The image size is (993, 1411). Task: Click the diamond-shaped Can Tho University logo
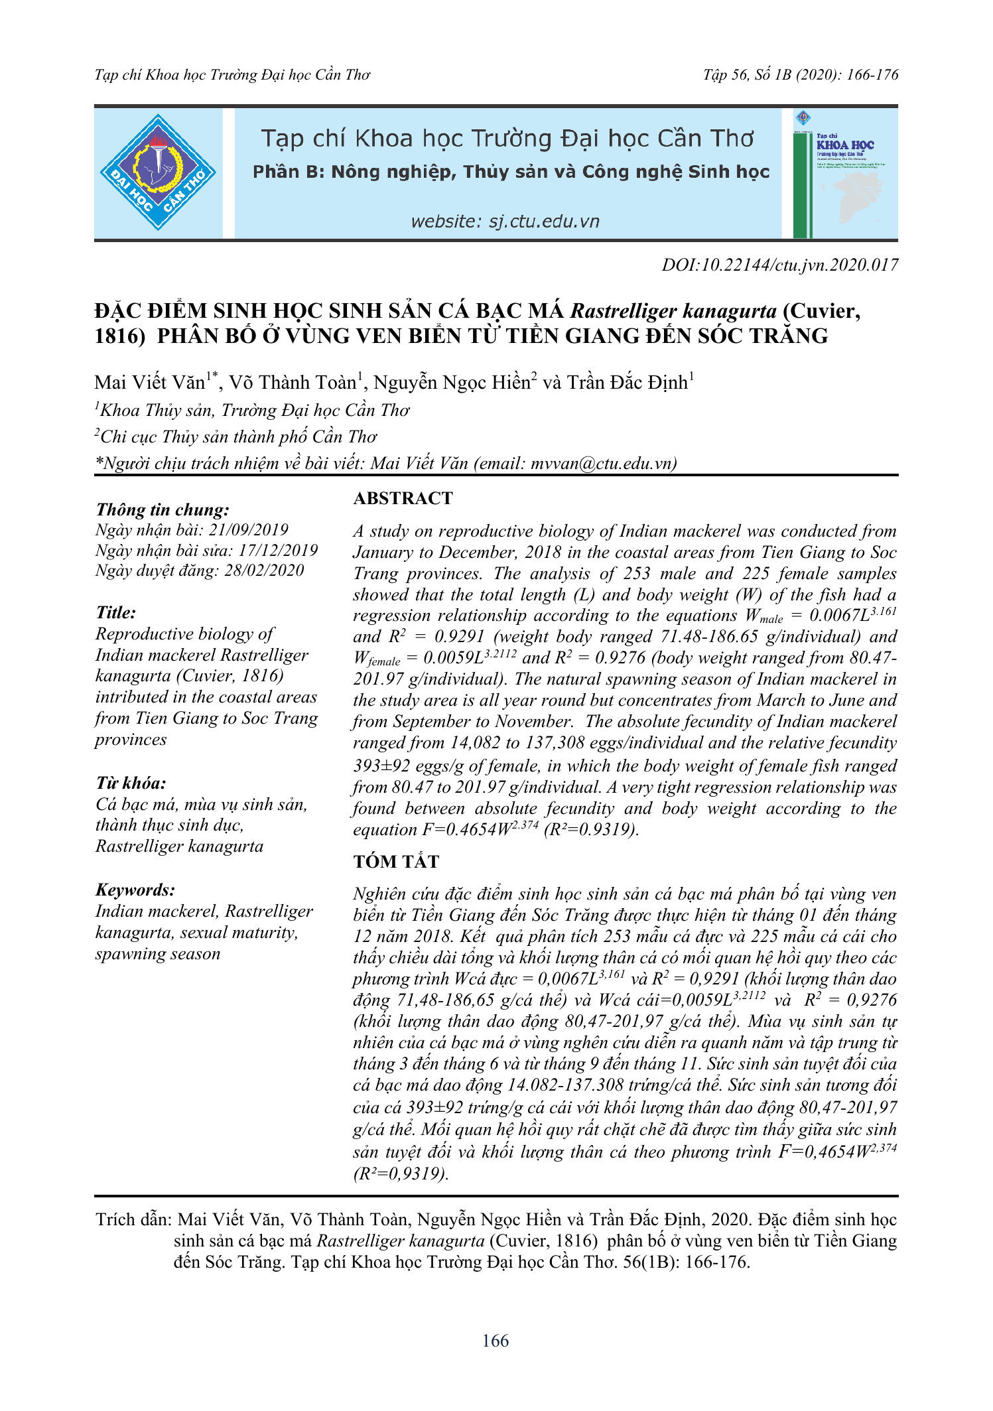pyautogui.click(x=158, y=172)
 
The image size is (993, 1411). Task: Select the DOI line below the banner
pyautogui.click(x=779, y=265)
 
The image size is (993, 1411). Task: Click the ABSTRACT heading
pyautogui.click(x=403, y=499)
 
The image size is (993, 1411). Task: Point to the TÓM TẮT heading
pyautogui.click(x=396, y=862)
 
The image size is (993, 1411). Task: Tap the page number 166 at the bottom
pyautogui.click(x=496, y=1341)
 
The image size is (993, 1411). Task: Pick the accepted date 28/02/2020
pyautogui.click(x=264, y=571)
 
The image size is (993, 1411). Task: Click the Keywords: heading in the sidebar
pyautogui.click(x=135, y=890)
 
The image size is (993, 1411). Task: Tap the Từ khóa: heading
pyautogui.click(x=131, y=783)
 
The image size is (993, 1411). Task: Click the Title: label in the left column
pyautogui.click(x=116, y=613)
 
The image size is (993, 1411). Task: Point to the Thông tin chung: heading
pyautogui.click(x=163, y=510)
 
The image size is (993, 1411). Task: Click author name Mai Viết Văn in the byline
pyautogui.click(x=150, y=383)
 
